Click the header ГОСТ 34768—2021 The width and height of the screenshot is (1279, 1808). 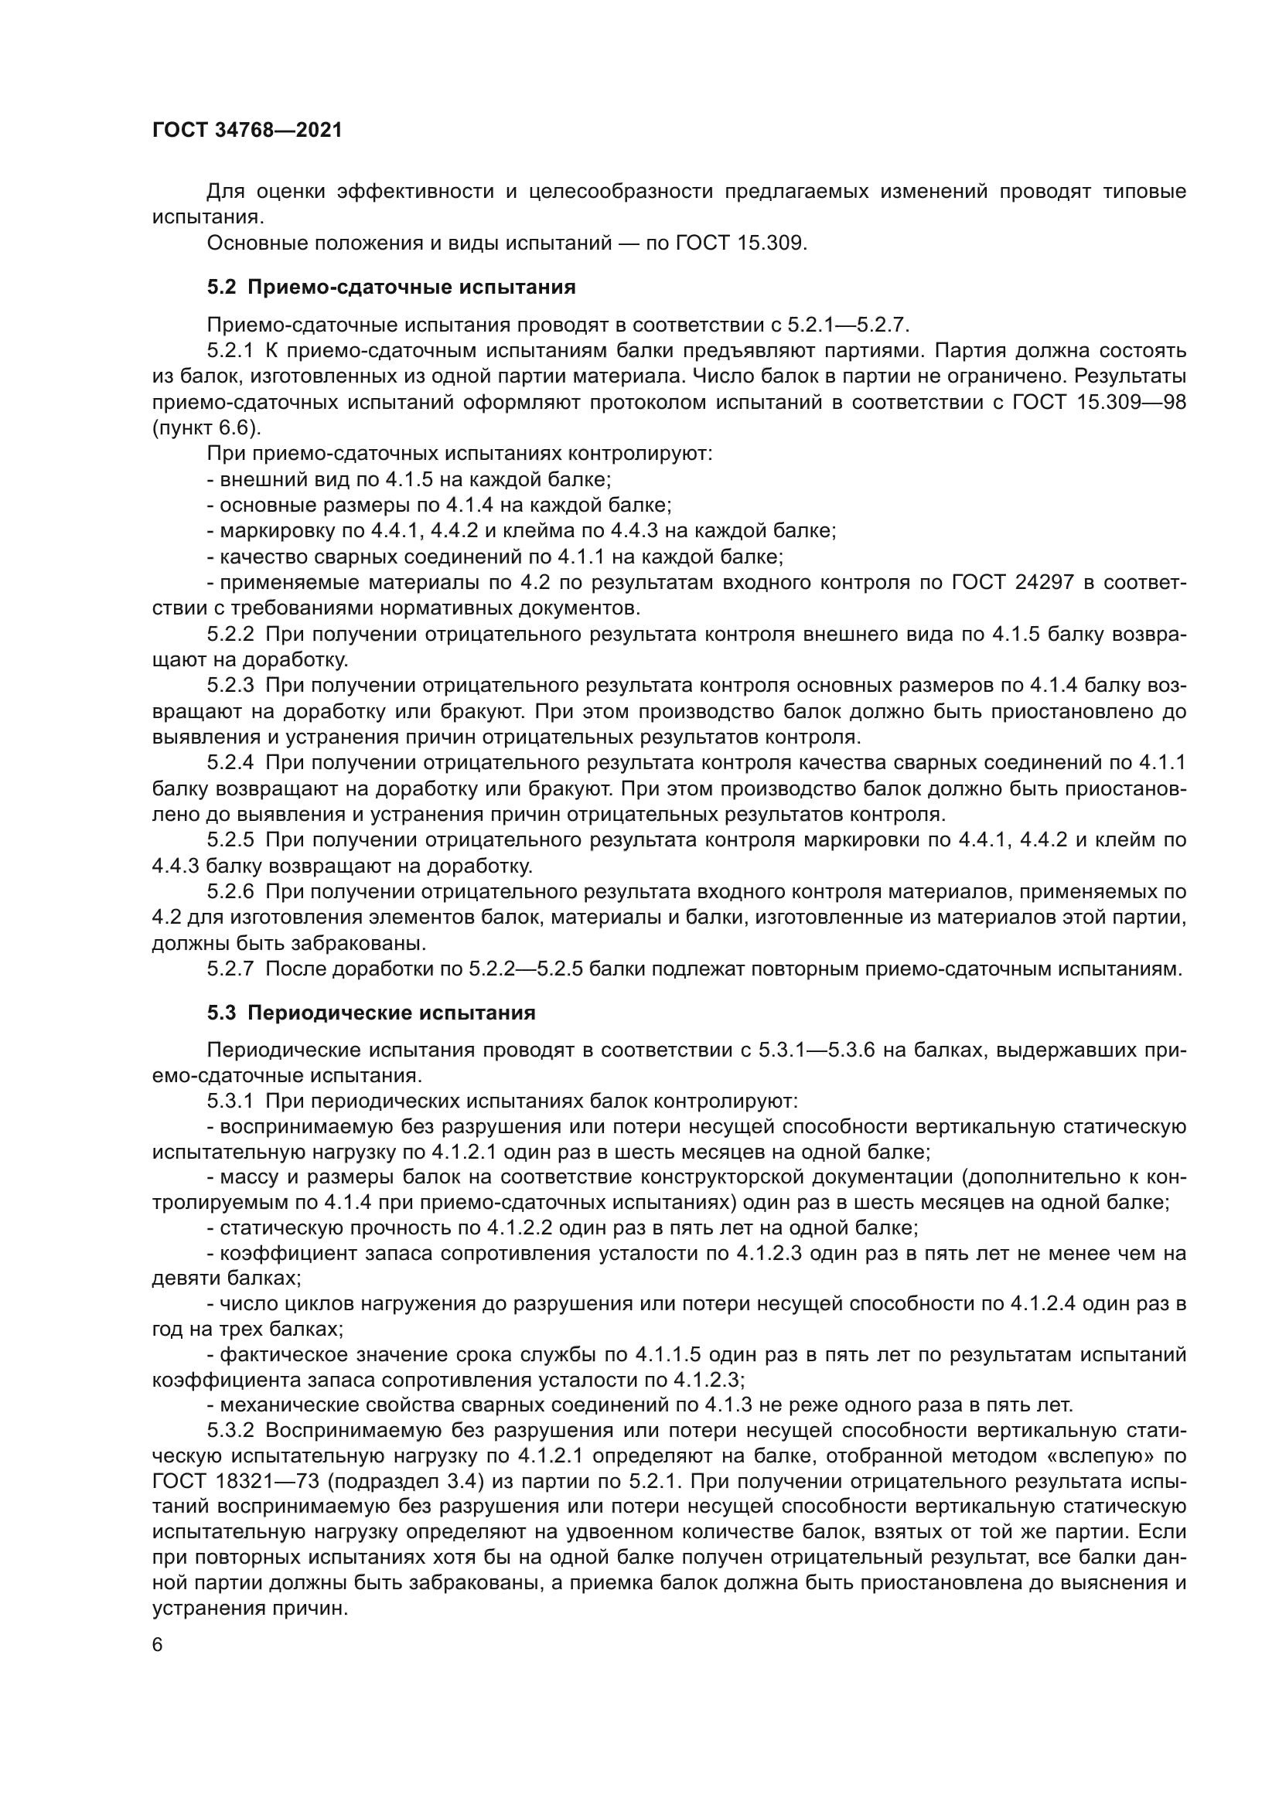[x=247, y=131]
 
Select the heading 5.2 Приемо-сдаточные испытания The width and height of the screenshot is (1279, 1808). [x=391, y=288]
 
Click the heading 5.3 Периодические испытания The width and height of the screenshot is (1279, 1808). [x=371, y=1013]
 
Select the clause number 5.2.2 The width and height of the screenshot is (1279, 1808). [x=230, y=634]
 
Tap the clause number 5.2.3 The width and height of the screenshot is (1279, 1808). [x=230, y=686]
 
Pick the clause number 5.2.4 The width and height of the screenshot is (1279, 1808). [x=230, y=762]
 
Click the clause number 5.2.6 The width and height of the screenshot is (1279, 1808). [x=230, y=891]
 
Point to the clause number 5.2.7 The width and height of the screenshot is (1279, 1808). [x=230, y=969]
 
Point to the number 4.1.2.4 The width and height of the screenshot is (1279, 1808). [x=1042, y=1304]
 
